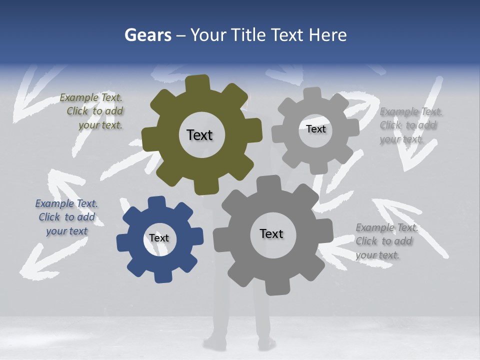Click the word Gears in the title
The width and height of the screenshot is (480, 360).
148,35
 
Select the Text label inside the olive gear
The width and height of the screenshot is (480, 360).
199,135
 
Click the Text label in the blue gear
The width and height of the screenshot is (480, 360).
158,238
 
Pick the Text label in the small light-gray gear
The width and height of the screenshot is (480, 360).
315,129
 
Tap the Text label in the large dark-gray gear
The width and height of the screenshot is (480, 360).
271,233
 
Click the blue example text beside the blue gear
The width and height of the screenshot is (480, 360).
66,217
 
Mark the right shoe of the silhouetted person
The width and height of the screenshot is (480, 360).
266,343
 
